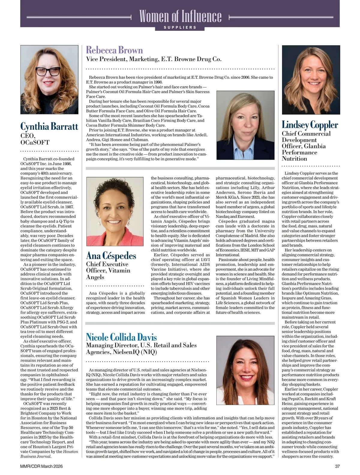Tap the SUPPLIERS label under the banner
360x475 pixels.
tap(180, 27)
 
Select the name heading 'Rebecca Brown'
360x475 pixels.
tap(114, 50)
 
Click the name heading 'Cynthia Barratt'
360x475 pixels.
tap(49, 126)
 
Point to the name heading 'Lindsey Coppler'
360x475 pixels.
tap(310, 125)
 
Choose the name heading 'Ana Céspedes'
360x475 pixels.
tap(111, 256)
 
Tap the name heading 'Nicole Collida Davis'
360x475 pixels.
tap(121, 337)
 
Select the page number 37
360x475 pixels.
tap(337, 466)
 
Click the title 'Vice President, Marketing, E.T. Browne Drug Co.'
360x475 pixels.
tap(154, 59)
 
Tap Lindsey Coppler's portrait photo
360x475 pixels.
tap(311, 80)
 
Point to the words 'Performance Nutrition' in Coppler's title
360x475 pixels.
tap(299, 156)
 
